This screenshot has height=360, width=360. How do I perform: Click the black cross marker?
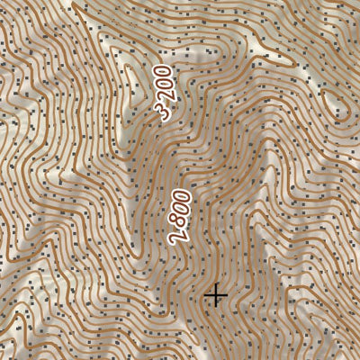coord(215,295)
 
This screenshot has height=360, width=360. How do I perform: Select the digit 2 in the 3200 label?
coord(164,99)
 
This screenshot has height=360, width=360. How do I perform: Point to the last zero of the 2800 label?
coord(184,197)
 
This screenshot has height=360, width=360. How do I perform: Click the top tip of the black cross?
coord(215,284)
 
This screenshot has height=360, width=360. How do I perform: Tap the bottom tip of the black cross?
coord(215,306)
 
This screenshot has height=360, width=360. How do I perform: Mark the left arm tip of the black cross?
coord(204,295)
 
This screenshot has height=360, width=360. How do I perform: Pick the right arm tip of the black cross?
coord(226,295)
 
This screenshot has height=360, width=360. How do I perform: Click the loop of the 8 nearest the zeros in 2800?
coord(181,220)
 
